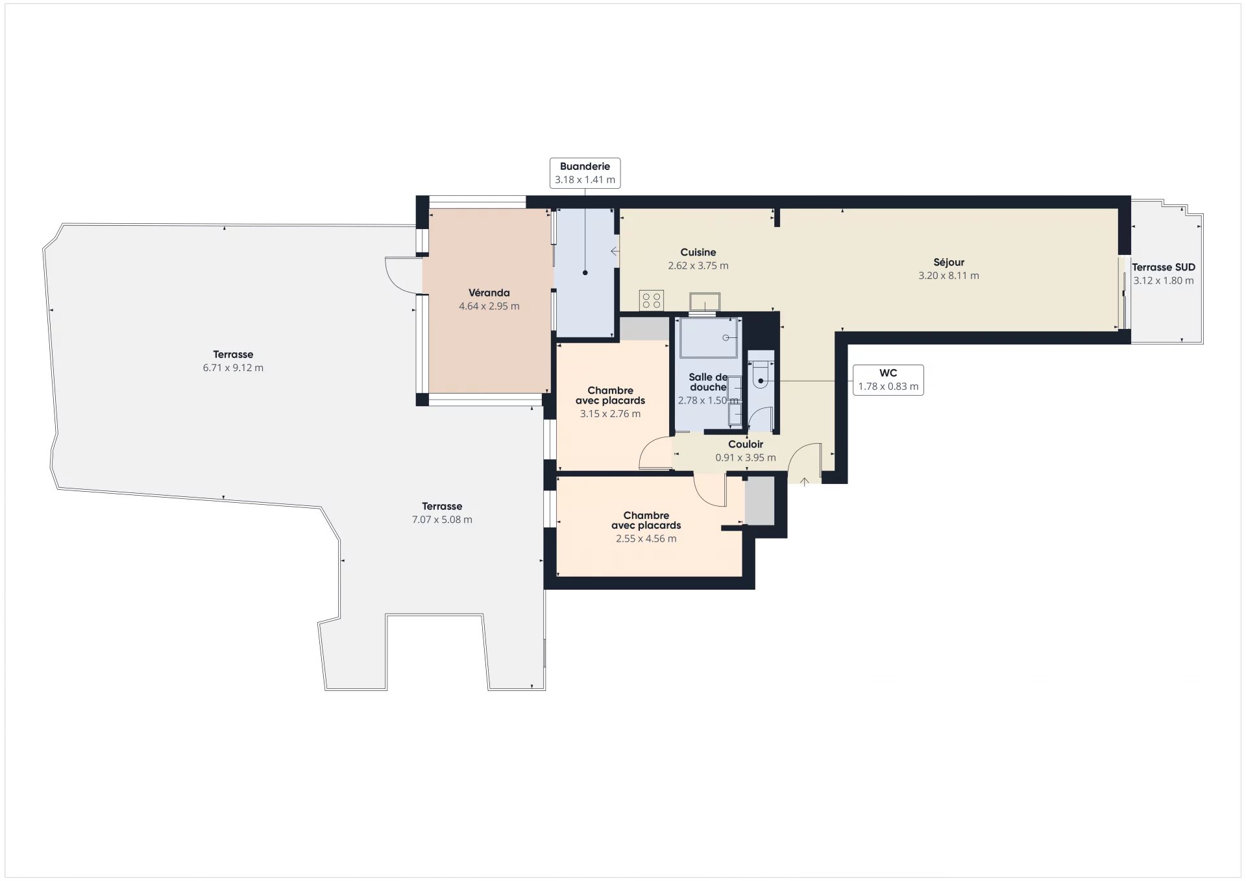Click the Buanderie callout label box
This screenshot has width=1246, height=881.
point(585,173)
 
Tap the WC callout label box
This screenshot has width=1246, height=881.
point(888,380)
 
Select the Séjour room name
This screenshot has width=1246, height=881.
point(948,262)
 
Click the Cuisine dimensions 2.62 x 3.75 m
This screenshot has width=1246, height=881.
point(698,265)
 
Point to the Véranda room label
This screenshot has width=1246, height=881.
point(489,293)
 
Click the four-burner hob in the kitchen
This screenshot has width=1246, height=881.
point(651,300)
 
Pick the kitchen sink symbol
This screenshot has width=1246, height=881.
point(704,302)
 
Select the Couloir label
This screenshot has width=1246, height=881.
point(745,444)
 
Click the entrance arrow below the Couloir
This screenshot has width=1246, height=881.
point(804,481)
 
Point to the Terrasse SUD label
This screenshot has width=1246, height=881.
point(1163,267)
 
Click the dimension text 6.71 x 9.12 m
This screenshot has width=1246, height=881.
point(233,368)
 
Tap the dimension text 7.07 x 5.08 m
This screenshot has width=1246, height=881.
point(442,520)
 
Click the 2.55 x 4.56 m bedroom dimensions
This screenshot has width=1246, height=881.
point(646,538)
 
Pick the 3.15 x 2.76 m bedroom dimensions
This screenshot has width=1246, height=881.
point(610,414)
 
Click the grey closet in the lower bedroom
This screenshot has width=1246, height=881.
point(759,500)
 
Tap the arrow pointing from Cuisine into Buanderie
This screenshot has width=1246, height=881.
point(615,251)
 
